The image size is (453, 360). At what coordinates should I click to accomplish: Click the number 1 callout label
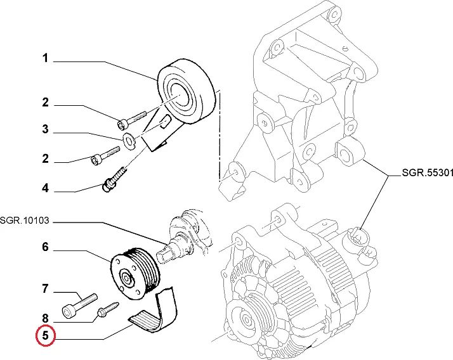tap(46, 59)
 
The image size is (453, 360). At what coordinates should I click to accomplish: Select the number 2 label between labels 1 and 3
tap(46, 102)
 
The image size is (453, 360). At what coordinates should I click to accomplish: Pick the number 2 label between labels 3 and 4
tap(46, 159)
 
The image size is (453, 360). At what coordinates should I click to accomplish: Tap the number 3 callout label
tap(46, 130)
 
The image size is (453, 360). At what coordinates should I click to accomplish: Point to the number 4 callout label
tap(46, 188)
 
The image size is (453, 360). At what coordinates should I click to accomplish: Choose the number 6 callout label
tap(46, 247)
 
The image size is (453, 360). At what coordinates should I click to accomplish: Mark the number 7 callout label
tap(46, 290)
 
